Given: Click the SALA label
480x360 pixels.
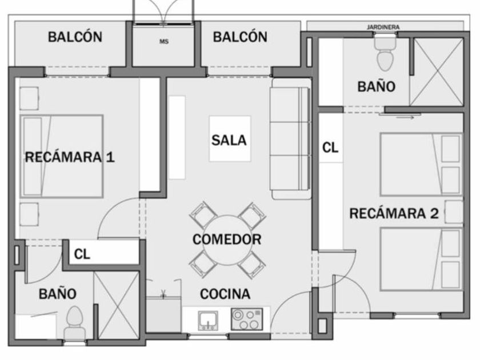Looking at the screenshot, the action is pos(229,140).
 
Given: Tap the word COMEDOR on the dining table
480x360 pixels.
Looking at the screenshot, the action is pos(227,239).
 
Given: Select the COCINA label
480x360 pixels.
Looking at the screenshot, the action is pos(225,294).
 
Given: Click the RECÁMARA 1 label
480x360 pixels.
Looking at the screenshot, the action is pos(70,157).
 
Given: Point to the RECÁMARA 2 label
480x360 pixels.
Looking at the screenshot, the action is pos(394,213).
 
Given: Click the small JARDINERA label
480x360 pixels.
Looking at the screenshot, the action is pos(383,27).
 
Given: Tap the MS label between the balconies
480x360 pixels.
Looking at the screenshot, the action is pos(164,42).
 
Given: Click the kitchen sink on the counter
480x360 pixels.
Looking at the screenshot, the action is pos(208,321).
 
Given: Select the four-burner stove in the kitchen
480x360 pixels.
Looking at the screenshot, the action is pos(247,319).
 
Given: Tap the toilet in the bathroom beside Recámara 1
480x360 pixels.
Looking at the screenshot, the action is pos(74,323).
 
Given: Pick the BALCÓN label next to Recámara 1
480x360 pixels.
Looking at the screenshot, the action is pos(75,37).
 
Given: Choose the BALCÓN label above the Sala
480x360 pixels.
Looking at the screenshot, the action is pos(240,37).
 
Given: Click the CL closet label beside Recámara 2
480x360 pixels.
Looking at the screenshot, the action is pos(330,148).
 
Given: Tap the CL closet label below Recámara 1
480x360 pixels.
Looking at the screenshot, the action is pos(82,254).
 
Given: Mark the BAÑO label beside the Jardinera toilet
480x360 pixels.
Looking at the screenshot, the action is pos(377,87).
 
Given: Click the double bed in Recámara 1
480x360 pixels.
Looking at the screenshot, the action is pos(62,157).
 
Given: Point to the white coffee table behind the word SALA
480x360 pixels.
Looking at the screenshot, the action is pos(230,139).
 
